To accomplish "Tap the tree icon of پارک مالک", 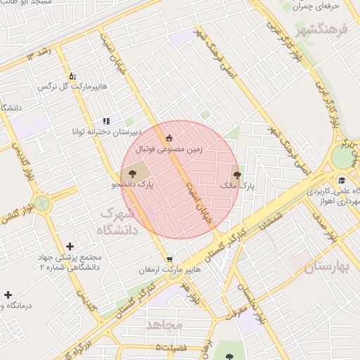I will coord(236,174).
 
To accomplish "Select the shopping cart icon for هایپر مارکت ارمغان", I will coord(169,259).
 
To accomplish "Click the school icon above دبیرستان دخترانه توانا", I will coord(106,121).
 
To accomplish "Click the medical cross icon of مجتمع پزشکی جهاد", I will coord(70,246).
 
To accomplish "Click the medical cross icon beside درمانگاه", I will coord(8,295).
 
